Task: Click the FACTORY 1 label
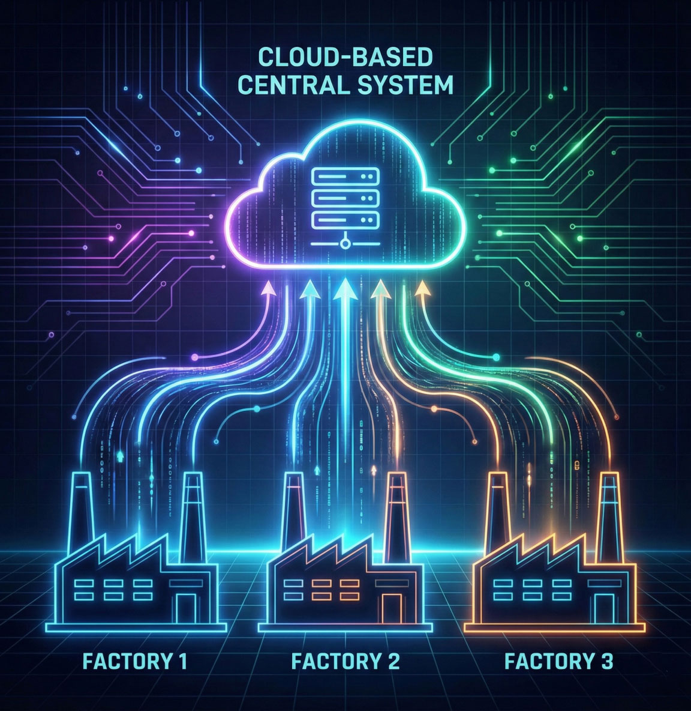click(x=136, y=662)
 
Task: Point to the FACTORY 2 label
click(x=345, y=662)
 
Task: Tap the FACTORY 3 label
click(x=559, y=662)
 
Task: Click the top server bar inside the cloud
click(x=345, y=175)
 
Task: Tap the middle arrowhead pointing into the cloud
click(x=345, y=289)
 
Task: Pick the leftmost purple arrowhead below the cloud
click(x=269, y=288)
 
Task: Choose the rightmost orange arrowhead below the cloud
click(x=422, y=288)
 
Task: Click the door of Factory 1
click(x=186, y=607)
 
